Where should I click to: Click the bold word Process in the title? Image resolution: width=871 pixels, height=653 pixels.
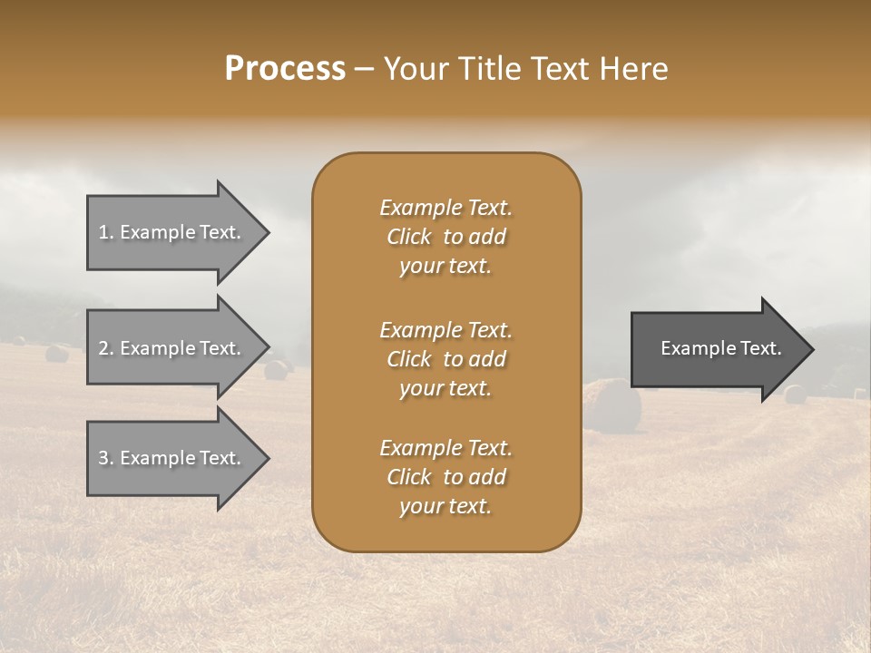click(x=285, y=69)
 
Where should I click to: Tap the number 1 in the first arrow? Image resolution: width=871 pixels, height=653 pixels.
click(x=103, y=233)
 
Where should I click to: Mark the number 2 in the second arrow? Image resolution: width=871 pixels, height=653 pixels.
click(x=103, y=349)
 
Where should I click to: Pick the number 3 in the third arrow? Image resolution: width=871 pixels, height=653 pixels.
click(x=103, y=459)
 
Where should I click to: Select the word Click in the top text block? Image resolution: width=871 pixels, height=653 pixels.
click(x=409, y=238)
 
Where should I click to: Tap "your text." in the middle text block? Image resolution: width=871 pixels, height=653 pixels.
click(x=445, y=388)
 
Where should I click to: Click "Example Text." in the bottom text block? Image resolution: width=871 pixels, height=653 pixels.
click(x=445, y=448)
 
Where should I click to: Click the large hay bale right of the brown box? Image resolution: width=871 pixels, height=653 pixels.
click(x=612, y=405)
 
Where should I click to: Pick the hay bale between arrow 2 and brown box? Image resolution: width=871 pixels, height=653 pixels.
click(x=276, y=369)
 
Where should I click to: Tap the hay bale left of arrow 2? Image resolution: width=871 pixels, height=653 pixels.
click(x=57, y=353)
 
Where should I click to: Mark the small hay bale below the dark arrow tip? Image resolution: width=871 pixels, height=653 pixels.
click(x=795, y=395)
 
